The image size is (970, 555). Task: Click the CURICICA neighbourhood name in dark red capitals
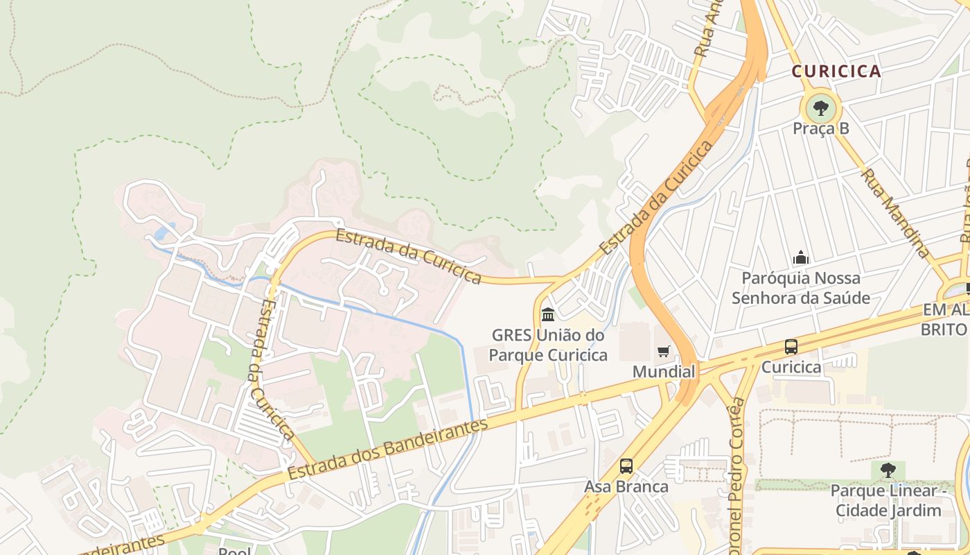[x=836, y=71]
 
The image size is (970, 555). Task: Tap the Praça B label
[x=821, y=129]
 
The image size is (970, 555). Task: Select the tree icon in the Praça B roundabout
[x=821, y=108]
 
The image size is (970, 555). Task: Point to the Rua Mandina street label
[x=894, y=212]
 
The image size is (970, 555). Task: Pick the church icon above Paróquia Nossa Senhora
[x=801, y=258]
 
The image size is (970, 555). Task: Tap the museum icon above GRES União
[x=548, y=315]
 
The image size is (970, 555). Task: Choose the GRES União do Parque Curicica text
[x=548, y=345]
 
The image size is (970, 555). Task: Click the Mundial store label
[x=664, y=372]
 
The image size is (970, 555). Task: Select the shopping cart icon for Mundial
[x=664, y=351]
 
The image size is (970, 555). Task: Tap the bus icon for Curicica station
[x=791, y=347]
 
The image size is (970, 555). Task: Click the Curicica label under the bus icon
[x=791, y=368]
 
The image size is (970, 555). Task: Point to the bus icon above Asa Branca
[x=626, y=466]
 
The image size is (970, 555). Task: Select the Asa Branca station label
[x=626, y=487]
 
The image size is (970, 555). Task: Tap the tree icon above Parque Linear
[x=888, y=470]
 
